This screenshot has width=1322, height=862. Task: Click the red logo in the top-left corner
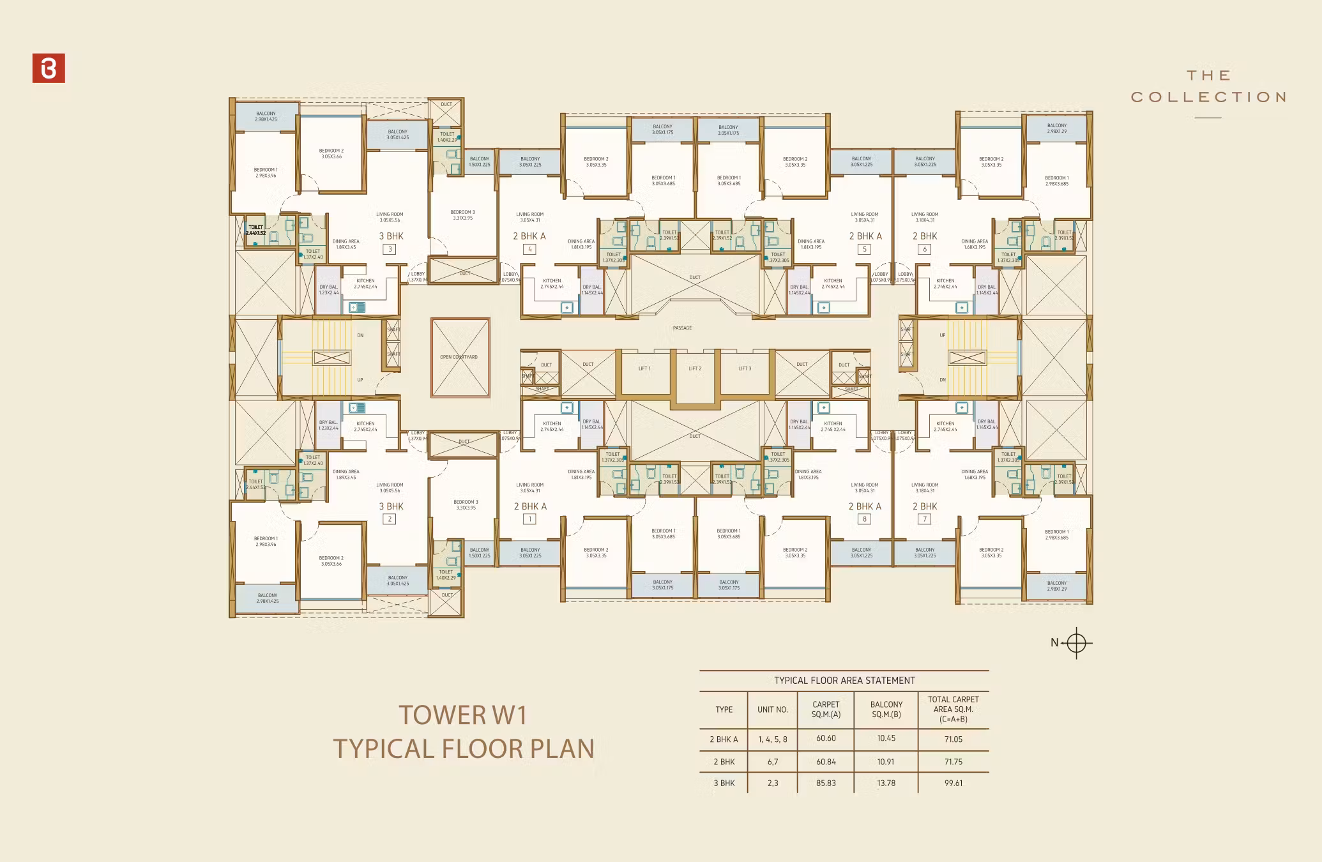[x=49, y=68]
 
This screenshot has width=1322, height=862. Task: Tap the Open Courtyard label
[x=459, y=357]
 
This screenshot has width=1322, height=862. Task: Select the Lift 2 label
[x=695, y=368]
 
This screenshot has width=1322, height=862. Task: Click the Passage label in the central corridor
[x=682, y=328]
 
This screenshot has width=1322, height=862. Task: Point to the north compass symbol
[x=1076, y=642]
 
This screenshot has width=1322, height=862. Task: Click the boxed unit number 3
[x=390, y=249]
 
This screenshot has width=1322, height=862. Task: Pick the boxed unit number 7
[x=924, y=519]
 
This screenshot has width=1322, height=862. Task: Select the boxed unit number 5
[x=865, y=249]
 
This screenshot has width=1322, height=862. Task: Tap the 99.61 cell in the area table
[x=953, y=783]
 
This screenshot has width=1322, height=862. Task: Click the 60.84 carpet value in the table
[x=826, y=762]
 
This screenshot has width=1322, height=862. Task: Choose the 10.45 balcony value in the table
[x=886, y=738]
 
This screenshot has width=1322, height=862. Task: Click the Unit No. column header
[x=773, y=709]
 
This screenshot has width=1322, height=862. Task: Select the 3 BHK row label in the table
[x=724, y=783]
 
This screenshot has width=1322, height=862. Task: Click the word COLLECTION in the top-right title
[x=1208, y=97]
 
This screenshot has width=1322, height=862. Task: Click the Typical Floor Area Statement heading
[x=844, y=681]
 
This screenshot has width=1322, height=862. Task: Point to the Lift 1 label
[x=644, y=368]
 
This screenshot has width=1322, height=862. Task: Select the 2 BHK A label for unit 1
[x=530, y=506]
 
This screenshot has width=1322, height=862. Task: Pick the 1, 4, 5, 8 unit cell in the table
[x=773, y=739]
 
